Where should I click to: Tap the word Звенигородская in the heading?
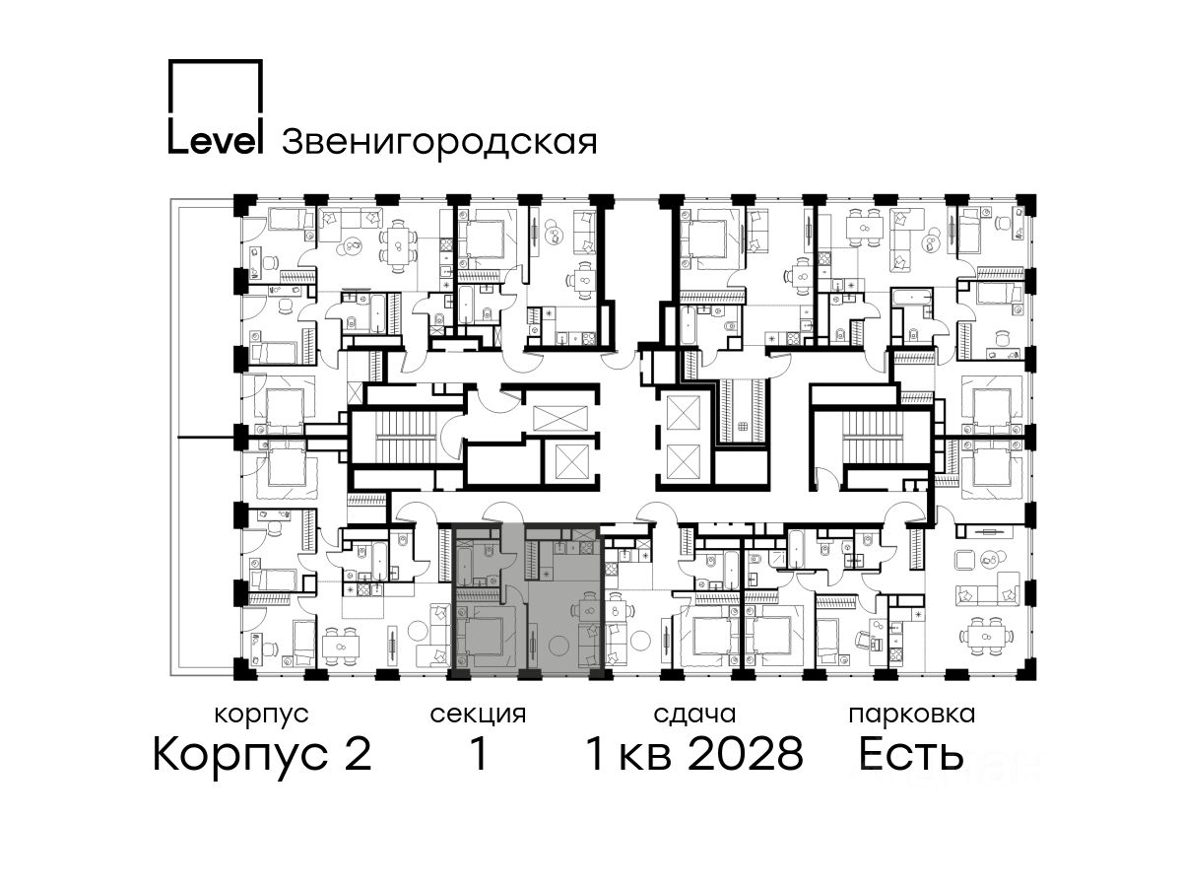[x=439, y=142]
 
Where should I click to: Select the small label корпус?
[x=261, y=715]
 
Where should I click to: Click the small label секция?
[x=478, y=715]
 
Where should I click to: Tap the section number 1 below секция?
[x=478, y=754]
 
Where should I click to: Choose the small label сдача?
[x=694, y=715]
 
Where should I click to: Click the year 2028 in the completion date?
[x=746, y=754]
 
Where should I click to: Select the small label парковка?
[x=912, y=715]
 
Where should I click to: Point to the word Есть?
[x=910, y=754]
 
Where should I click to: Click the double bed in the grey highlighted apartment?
[x=482, y=636]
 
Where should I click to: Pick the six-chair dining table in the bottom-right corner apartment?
[x=986, y=637]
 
